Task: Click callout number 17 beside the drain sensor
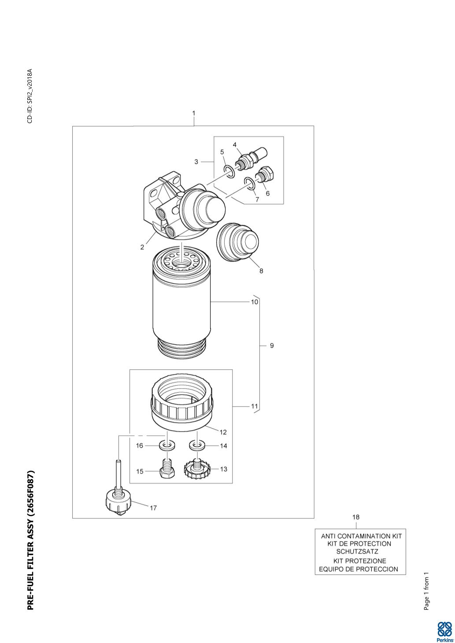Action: click(153, 508)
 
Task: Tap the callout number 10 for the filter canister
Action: click(255, 302)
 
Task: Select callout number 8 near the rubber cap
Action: click(261, 271)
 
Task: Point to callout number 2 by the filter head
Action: click(142, 247)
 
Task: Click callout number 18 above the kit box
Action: click(356, 517)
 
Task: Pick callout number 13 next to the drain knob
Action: click(224, 469)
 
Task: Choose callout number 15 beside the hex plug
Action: click(140, 471)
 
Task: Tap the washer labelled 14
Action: click(197, 446)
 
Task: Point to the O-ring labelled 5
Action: click(229, 170)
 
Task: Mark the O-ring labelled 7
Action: click(249, 182)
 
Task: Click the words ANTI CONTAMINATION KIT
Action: click(361, 536)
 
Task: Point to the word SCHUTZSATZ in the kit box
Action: click(357, 551)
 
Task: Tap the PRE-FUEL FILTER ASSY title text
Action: click(30, 541)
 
